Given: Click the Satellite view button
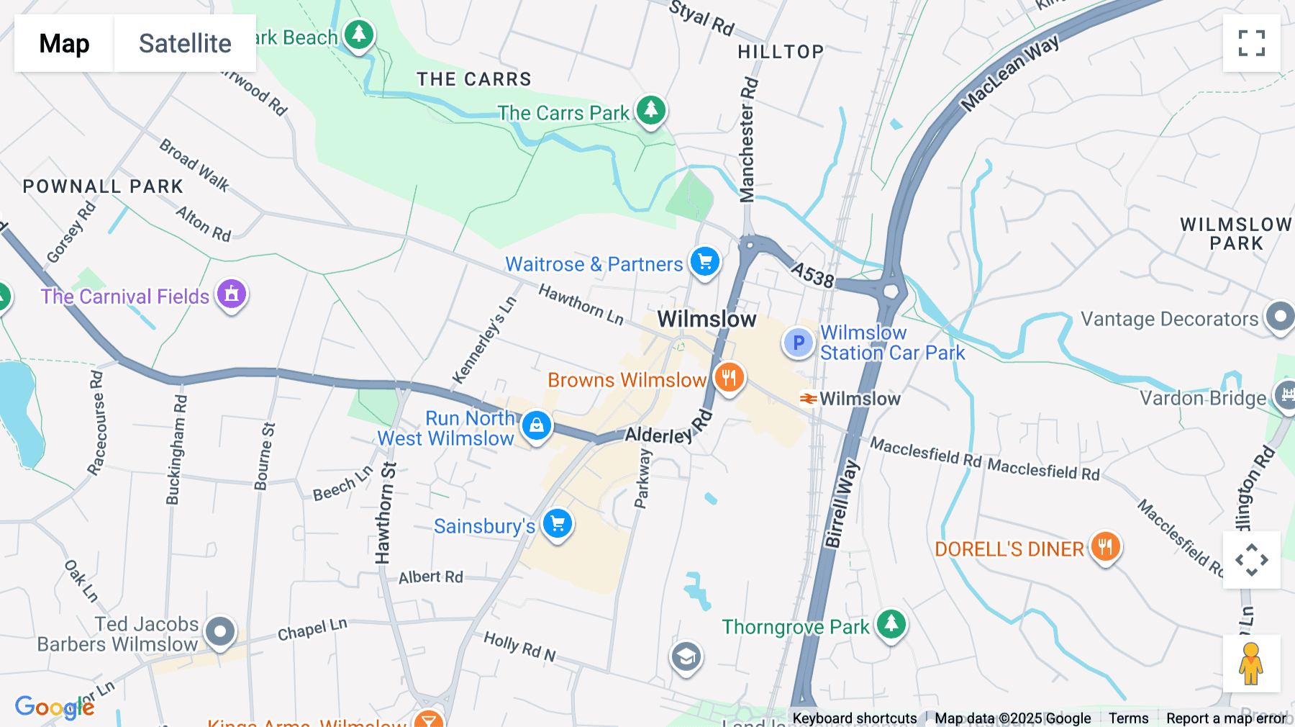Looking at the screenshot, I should click(185, 43).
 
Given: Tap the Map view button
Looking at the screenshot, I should click(64, 43).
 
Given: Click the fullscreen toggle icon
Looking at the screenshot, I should click(1251, 43).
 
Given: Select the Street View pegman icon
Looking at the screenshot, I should click(1251, 663).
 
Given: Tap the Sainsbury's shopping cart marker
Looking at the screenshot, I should click(558, 524).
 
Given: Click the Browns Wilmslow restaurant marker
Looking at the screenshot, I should click(729, 377).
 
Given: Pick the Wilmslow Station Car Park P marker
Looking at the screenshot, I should click(798, 343).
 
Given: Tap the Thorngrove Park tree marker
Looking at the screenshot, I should click(891, 624).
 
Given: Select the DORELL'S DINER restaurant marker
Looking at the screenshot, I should click(1106, 547).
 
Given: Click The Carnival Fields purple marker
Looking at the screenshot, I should click(232, 294).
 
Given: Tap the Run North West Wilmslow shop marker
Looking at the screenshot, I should click(537, 425).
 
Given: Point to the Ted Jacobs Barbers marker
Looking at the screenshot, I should click(220, 632).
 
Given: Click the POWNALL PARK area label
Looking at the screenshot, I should click(103, 186).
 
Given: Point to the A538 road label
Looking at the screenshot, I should click(812, 274).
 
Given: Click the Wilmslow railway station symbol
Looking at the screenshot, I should click(808, 398).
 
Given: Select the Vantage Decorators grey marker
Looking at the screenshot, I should click(1280, 317).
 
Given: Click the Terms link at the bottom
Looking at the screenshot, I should click(1128, 718).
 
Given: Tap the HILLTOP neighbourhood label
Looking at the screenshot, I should click(781, 52).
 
